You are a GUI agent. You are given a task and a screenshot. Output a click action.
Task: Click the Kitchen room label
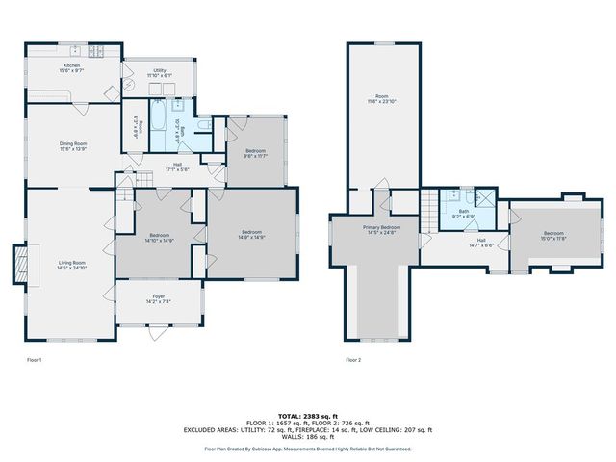click(73, 68)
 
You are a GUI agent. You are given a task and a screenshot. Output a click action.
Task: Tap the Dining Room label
click(73, 146)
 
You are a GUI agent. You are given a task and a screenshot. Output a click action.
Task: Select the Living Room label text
click(72, 265)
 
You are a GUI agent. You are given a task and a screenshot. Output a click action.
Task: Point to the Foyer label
click(158, 298)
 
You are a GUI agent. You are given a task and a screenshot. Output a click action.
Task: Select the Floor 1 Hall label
click(177, 167)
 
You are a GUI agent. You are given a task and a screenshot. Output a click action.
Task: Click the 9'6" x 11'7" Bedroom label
click(255, 154)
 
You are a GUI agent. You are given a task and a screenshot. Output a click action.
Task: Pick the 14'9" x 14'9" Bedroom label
click(252, 235)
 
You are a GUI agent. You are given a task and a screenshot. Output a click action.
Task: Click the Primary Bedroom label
click(381, 230)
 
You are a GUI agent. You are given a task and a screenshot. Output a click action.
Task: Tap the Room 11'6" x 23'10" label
click(382, 99)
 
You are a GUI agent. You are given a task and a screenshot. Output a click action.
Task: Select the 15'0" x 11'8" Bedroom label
click(553, 235)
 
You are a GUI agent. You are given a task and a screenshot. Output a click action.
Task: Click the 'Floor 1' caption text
click(35, 360)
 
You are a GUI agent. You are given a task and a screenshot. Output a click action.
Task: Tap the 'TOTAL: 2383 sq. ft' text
click(307, 415)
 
